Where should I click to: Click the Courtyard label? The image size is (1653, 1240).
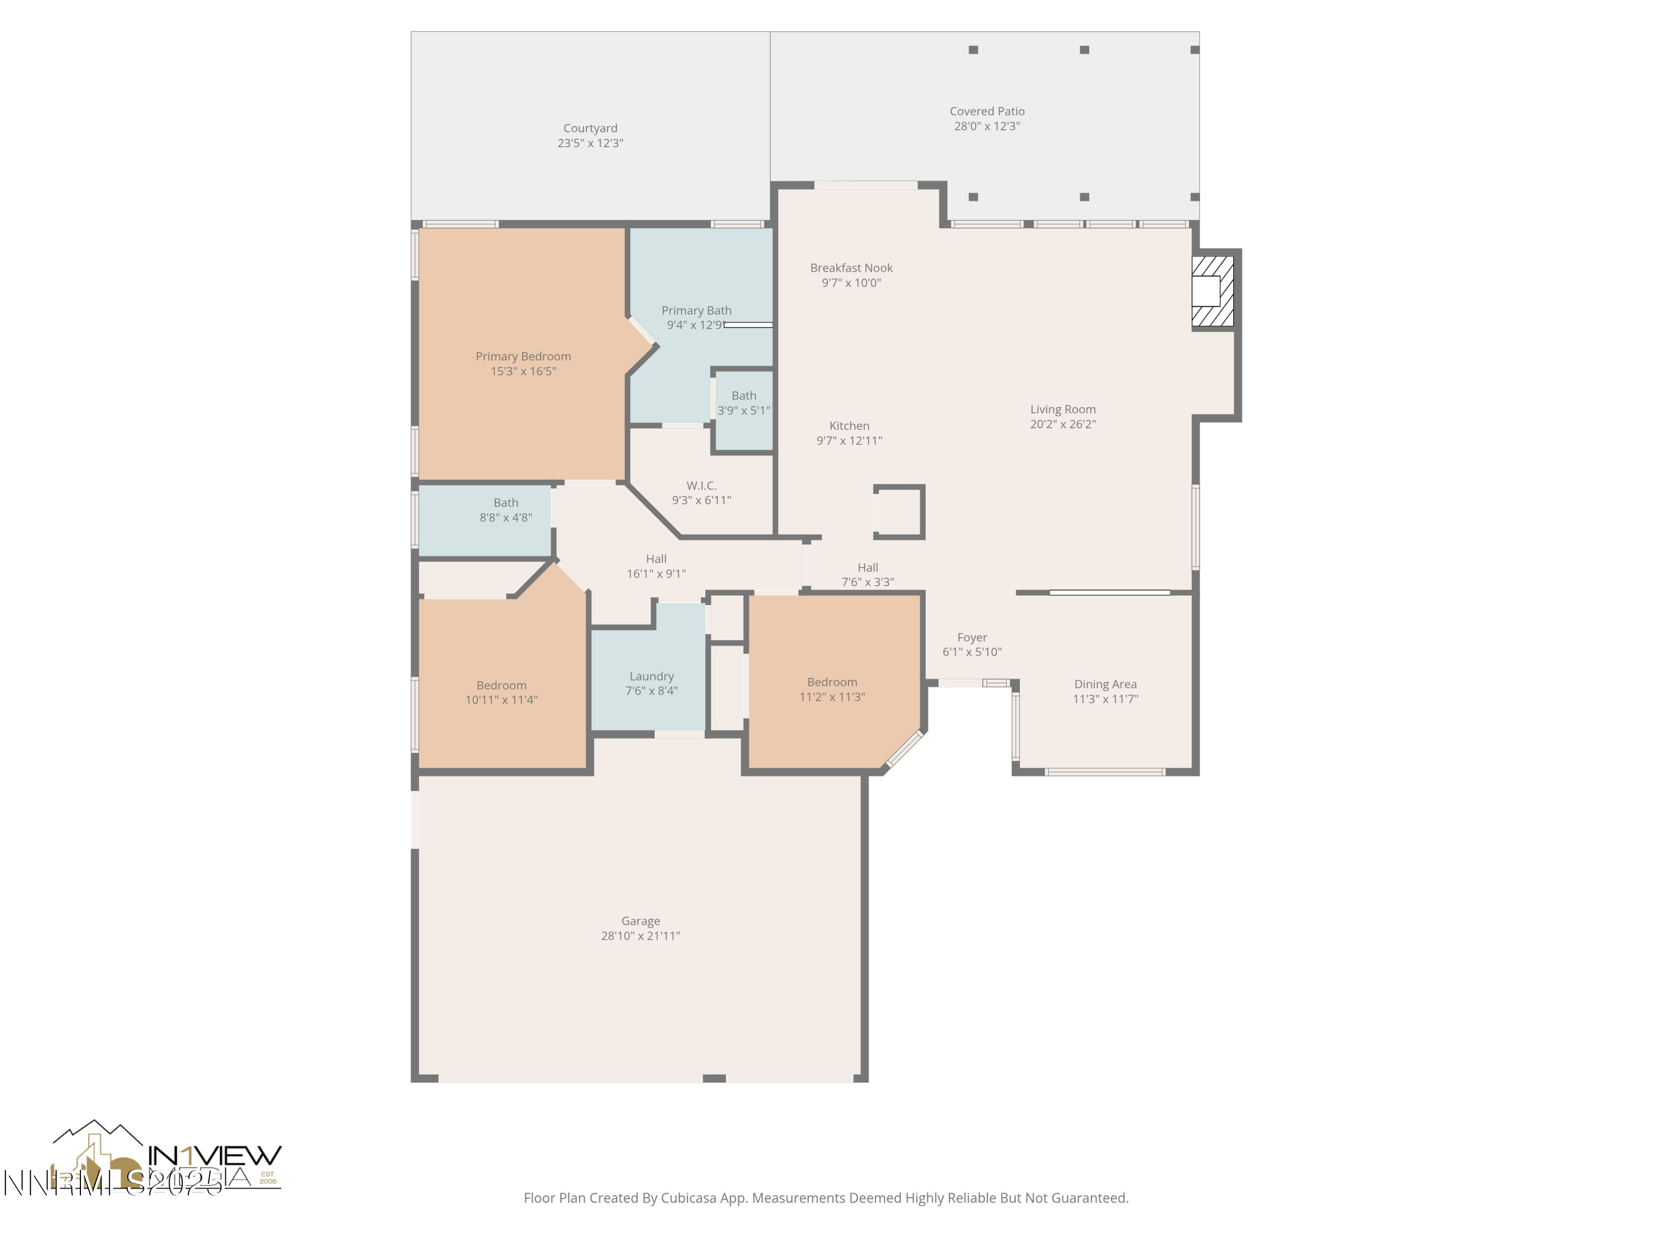coord(590,128)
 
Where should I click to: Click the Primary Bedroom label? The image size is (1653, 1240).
coord(523,357)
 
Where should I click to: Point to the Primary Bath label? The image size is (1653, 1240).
coord(696,310)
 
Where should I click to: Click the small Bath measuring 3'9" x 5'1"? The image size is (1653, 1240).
coord(743,403)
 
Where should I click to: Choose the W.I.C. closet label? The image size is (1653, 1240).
coord(701,486)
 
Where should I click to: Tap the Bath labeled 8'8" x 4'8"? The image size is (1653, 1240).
coord(505,510)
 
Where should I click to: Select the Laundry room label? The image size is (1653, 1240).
coord(651,676)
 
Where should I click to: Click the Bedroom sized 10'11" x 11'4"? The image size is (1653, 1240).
coord(501,692)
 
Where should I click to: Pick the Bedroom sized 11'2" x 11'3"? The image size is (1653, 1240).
coord(831,689)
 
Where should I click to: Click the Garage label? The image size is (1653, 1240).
coord(640,921)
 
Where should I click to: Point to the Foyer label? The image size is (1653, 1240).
coord(971,638)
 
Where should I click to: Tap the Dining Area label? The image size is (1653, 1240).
coord(1105,684)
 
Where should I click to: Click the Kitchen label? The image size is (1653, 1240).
coord(849,426)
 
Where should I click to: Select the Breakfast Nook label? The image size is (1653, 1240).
coord(851,268)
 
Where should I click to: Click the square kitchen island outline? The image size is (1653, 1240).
coord(899,512)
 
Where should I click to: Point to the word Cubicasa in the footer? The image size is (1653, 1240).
coord(689,1198)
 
